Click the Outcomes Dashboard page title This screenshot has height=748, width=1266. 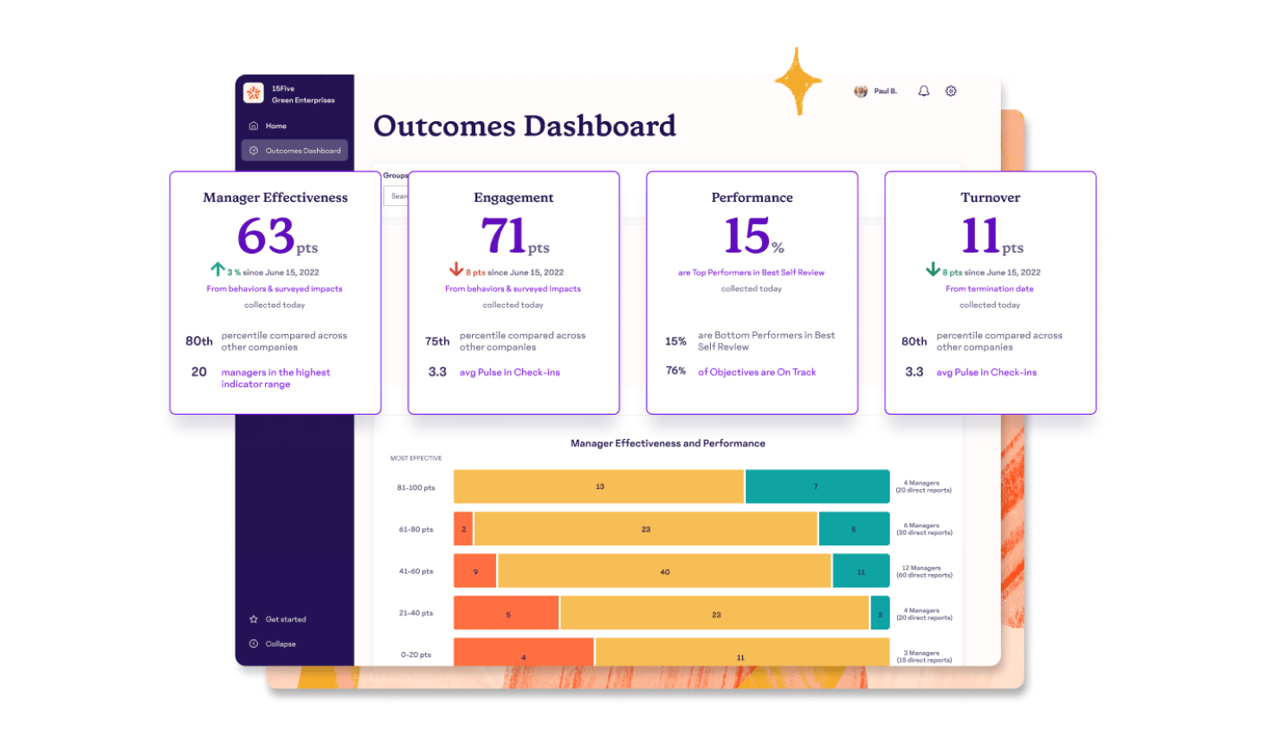tap(524, 126)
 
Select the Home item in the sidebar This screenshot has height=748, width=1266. tap(275, 126)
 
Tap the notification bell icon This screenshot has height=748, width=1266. tap(924, 91)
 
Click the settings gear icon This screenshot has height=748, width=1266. tap(951, 91)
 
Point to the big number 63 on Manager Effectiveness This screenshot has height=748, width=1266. tap(266, 235)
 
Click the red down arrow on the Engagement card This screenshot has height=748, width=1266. tap(456, 269)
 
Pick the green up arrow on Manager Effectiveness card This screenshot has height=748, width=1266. tap(218, 269)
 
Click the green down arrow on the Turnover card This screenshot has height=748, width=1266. tap(933, 269)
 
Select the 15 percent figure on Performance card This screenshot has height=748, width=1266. tap(746, 235)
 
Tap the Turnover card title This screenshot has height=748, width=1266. tap(990, 197)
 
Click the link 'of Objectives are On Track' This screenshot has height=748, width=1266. tap(757, 372)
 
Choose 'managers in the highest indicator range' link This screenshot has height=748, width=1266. tap(275, 378)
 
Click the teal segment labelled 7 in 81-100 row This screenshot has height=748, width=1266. tap(817, 487)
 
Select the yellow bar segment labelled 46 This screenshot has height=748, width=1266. tap(664, 571)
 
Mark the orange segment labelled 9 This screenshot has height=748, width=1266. tap(475, 571)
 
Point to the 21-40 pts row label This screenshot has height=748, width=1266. tap(416, 613)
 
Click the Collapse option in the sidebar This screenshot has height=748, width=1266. tap(280, 644)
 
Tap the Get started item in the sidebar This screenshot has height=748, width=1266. tap(285, 620)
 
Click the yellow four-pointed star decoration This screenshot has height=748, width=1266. tap(798, 81)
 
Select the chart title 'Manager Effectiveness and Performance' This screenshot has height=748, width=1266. tap(668, 443)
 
